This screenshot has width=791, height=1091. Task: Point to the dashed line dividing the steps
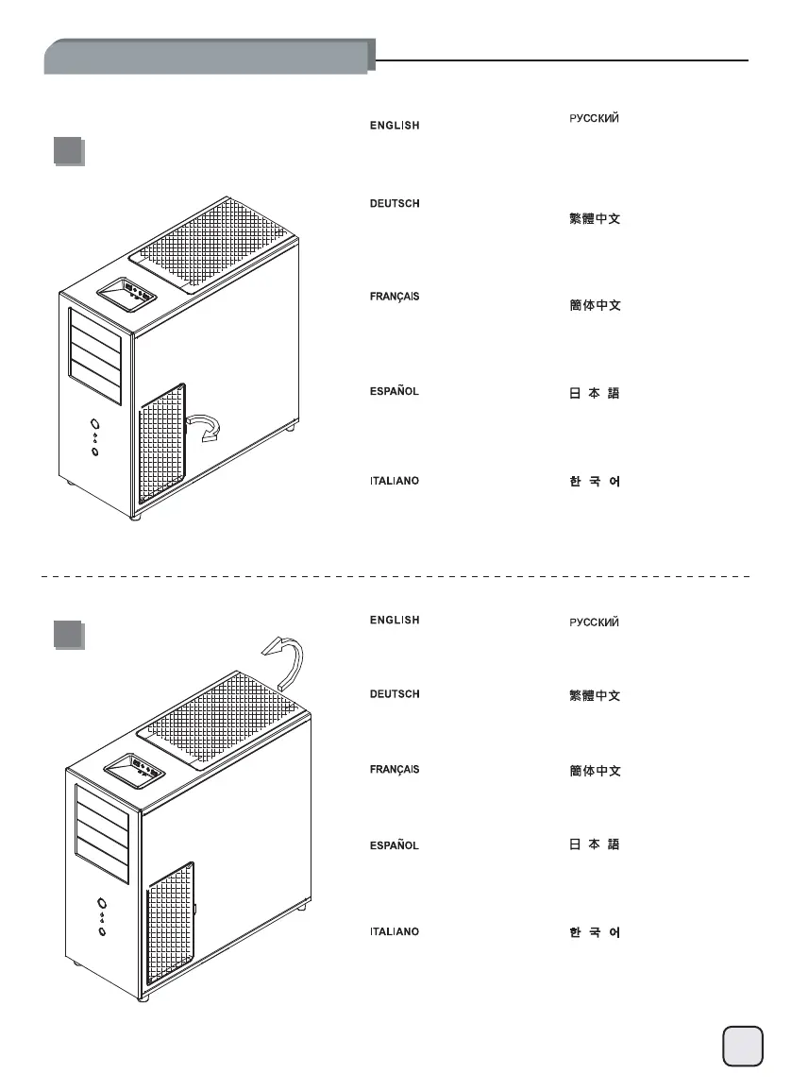point(396,574)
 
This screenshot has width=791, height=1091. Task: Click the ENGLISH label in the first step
point(394,126)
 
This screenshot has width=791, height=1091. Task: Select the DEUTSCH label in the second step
point(394,694)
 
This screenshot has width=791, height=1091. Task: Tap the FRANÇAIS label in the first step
point(394,297)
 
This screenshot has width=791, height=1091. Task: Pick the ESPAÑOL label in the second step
point(394,844)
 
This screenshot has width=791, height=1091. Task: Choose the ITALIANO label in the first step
point(394,481)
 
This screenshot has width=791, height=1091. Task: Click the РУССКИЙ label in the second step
point(594,622)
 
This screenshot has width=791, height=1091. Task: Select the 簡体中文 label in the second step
point(594,772)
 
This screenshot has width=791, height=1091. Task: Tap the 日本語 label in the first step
point(594,393)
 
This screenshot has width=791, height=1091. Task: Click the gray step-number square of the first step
point(67,152)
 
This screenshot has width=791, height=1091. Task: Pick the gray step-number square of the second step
point(67,634)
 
